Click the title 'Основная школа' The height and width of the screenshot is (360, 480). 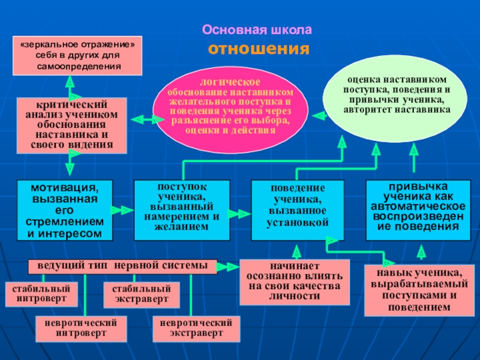257,30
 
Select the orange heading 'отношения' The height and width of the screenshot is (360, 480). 259,49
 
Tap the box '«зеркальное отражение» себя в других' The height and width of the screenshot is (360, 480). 77,56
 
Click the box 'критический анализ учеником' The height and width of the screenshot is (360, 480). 71,125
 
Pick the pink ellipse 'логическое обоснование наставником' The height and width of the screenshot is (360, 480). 230,110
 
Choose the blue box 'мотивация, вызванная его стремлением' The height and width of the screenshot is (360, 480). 65,211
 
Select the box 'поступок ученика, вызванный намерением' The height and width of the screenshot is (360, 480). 182,211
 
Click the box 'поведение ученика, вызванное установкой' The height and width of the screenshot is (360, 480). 298,211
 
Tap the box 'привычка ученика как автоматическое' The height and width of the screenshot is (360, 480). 418,211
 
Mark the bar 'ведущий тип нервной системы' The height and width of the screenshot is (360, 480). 123,266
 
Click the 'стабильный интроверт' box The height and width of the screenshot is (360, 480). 41,294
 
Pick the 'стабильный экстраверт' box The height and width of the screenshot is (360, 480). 142,295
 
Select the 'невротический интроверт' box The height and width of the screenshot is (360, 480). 81,329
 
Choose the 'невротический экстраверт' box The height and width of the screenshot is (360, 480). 196,329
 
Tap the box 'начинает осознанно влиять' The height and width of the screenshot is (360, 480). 295,282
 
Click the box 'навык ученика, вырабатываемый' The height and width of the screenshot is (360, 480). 419,290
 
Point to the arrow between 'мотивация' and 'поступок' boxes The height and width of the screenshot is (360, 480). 122,211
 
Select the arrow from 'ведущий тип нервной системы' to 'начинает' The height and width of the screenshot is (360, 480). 228,267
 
